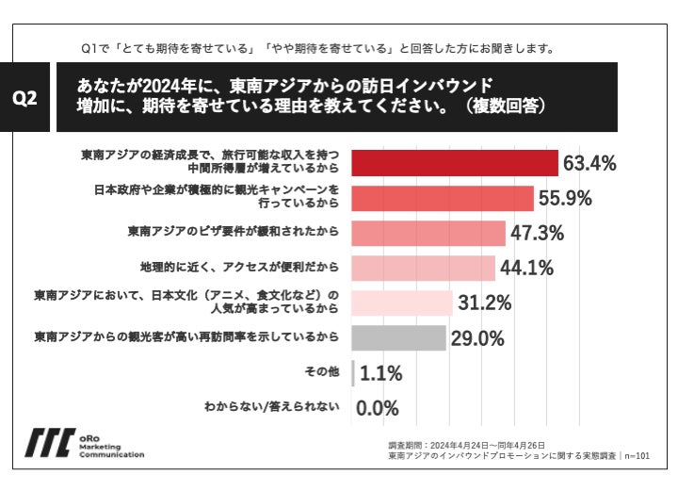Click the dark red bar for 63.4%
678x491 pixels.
click(455, 163)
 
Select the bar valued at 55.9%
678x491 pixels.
click(443, 198)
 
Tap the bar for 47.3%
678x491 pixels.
click(428, 232)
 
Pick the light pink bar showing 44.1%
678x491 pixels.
click(423, 268)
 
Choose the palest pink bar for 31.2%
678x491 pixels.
click(401, 303)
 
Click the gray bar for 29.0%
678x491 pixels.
click(398, 337)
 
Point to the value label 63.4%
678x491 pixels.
click(589, 163)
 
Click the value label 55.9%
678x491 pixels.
click(564, 198)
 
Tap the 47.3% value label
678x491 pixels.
click(537, 232)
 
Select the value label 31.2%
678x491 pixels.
click(485, 303)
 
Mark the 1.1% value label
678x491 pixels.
click(379, 373)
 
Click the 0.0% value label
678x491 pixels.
click(378, 408)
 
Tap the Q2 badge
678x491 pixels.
click(30, 98)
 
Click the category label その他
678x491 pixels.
click(321, 373)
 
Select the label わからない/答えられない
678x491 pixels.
click(271, 408)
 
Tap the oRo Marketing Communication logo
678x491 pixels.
click(85, 443)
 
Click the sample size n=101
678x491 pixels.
click(638, 455)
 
